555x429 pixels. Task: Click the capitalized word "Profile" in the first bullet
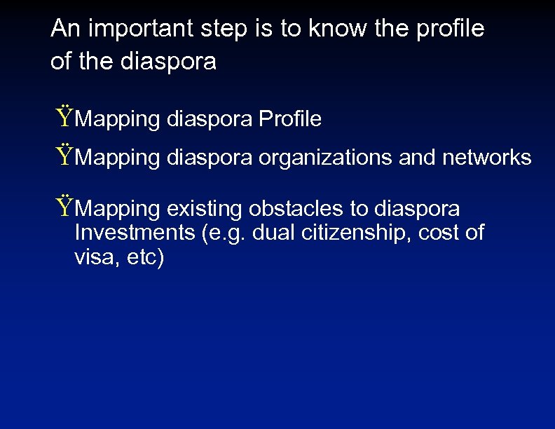click(x=290, y=120)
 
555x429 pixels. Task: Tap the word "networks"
click(x=487, y=158)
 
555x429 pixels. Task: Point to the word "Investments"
click(x=135, y=233)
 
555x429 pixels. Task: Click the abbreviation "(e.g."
click(x=225, y=233)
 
